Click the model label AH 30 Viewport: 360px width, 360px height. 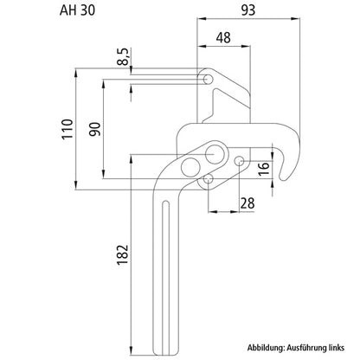(x=77, y=10)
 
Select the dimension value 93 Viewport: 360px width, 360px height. (x=248, y=10)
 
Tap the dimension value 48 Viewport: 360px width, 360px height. (x=223, y=38)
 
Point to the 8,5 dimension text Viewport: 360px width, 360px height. (x=124, y=56)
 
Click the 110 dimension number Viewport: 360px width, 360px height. (x=67, y=129)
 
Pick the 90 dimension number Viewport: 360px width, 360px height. (x=95, y=130)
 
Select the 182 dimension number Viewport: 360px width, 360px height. (x=122, y=254)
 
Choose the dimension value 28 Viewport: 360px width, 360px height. (x=247, y=203)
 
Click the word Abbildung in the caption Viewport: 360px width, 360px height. (x=266, y=348)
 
